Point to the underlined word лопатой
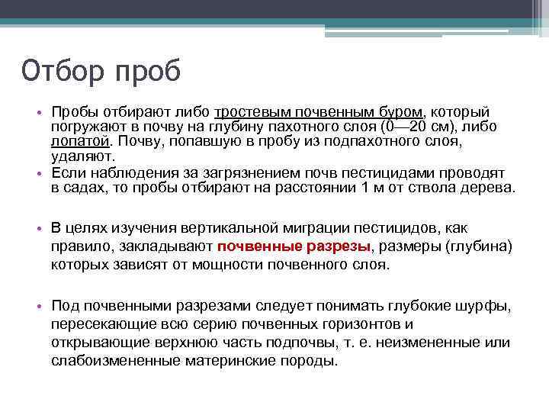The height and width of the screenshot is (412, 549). [x=79, y=141]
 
